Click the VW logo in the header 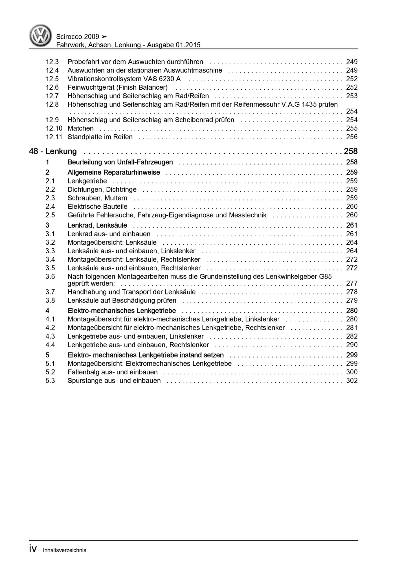40,35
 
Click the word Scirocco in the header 69,37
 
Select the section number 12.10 54,128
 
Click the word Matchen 81,128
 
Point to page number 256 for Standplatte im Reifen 352,137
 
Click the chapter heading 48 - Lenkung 53,151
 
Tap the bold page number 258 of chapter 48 351,151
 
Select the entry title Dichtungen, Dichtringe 102,190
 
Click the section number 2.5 50,215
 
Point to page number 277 352,283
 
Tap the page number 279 352,301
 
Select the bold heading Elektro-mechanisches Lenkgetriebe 122,311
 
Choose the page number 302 352,381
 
